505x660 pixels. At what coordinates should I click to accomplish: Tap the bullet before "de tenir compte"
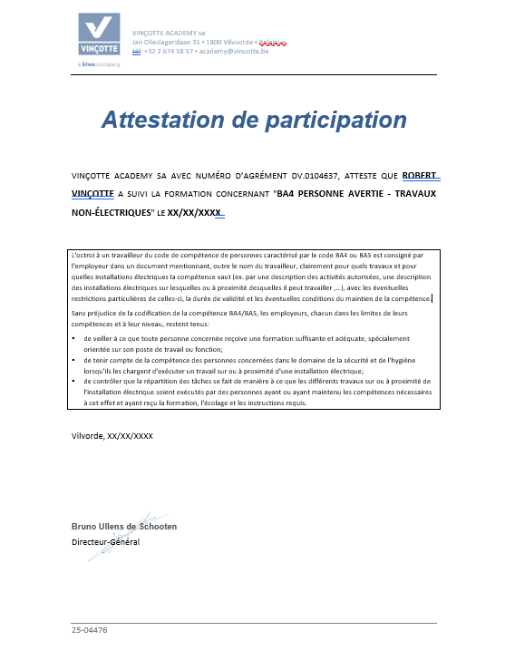74,360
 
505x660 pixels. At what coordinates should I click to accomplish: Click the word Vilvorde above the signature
87,436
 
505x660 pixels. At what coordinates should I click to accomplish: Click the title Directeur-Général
105,542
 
